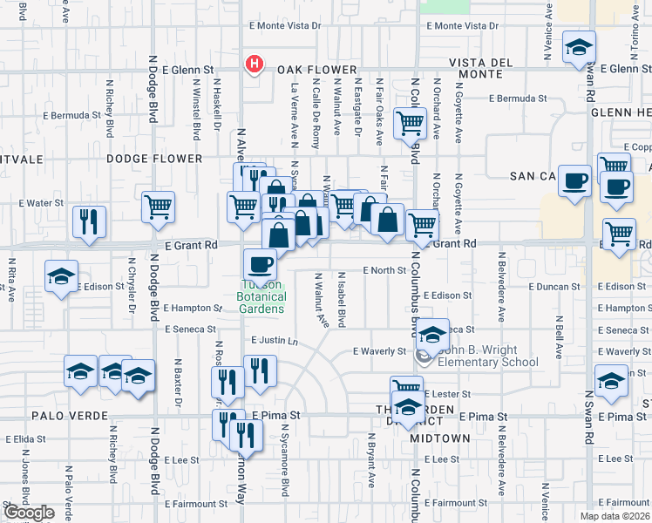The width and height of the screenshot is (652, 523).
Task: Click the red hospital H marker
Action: click(x=255, y=64)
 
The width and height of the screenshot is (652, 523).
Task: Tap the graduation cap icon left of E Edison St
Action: click(x=62, y=276)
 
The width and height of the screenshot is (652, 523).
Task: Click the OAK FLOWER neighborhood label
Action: click(x=317, y=70)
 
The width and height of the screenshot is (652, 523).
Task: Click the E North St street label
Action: click(x=384, y=270)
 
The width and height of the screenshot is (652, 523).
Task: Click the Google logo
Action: click(x=29, y=513)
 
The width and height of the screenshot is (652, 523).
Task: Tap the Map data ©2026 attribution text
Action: click(x=614, y=516)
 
